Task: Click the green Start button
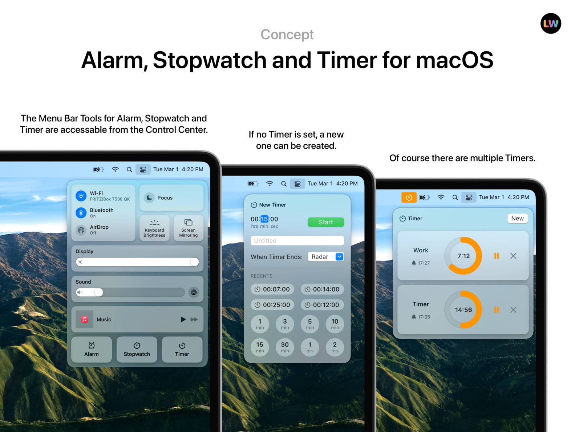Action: coord(325,222)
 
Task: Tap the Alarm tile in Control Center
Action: coord(92,349)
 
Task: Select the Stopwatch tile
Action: coord(137,349)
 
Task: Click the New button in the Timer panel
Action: coord(517,218)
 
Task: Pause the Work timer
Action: coord(497,256)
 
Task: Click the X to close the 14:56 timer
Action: coord(513,310)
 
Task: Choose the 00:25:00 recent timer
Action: coord(272,305)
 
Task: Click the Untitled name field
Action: coord(297,241)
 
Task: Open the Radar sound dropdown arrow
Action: coord(339,257)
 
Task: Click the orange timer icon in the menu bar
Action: coord(409,197)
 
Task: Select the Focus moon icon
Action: coord(149,198)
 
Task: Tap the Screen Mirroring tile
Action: coord(188,228)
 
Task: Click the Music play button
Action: coord(183,319)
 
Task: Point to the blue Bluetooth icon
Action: coord(81,213)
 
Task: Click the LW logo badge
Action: coord(551,24)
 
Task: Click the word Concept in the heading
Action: coord(287,35)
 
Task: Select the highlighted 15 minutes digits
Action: coord(264,219)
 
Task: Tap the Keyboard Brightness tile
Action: coord(154,228)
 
